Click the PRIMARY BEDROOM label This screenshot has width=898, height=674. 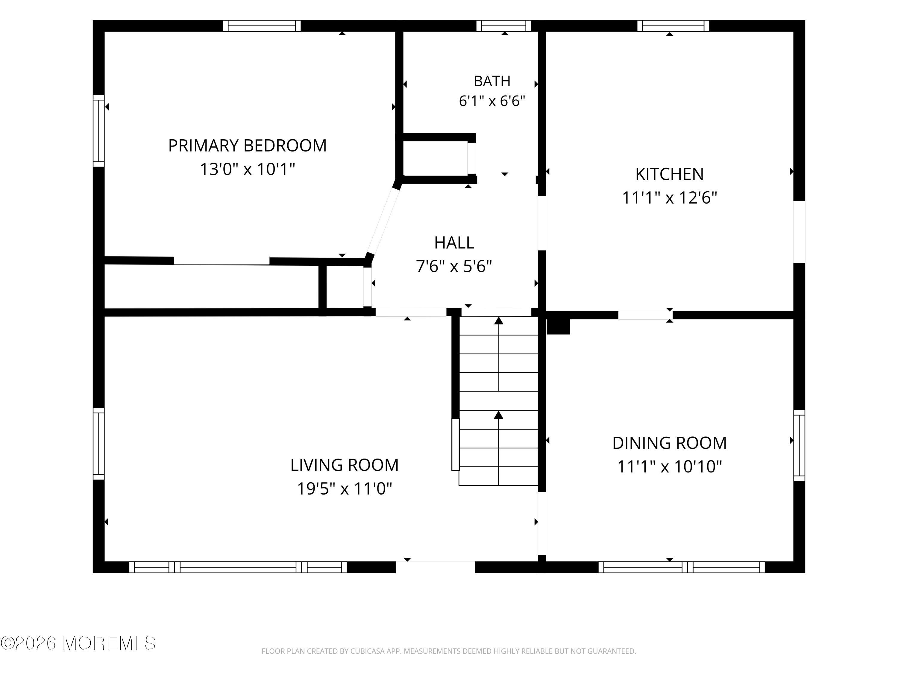(247, 146)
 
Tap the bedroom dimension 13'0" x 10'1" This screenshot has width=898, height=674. (247, 169)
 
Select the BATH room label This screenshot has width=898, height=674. (492, 81)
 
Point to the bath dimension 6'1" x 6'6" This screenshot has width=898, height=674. (492, 101)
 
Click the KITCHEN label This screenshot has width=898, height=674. (669, 174)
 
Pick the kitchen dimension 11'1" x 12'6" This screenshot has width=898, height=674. (669, 198)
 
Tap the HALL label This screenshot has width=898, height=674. (454, 243)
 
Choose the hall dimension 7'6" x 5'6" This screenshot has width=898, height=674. (454, 267)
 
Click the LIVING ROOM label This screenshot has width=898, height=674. (344, 465)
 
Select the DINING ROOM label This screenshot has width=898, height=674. (669, 443)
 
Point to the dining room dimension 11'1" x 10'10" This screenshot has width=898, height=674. (669, 466)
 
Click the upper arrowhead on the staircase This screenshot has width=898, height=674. (498, 321)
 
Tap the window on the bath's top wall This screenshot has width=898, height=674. (503, 25)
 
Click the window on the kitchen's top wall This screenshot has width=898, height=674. (673, 25)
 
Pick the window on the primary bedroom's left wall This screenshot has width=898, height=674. (99, 131)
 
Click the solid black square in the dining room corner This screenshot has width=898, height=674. (558, 326)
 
